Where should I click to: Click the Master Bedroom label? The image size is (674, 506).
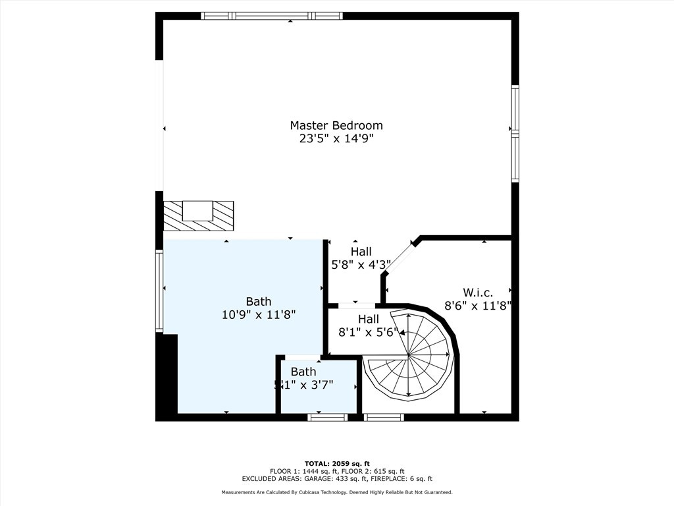pos(336,125)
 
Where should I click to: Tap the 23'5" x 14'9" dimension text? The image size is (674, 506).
pos(336,138)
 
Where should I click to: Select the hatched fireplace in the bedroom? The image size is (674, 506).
pos(198,215)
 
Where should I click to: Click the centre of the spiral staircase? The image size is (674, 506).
pos(409,356)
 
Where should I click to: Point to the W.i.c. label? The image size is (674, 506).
pos(478,292)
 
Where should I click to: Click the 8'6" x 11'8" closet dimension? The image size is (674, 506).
pos(478,305)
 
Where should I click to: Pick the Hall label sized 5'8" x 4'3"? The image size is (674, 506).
pos(361,252)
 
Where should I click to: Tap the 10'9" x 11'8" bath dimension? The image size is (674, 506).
pos(259,315)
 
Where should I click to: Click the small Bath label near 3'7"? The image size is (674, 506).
pos(303,372)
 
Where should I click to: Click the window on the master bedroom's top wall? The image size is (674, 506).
pos(271,16)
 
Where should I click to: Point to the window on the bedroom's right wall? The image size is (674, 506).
pos(515,134)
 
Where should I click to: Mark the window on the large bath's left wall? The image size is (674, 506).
pos(159,290)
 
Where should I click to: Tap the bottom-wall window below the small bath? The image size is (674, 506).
pos(327,417)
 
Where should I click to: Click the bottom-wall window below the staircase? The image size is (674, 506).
pos(384,417)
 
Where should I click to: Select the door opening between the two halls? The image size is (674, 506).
pos(357,306)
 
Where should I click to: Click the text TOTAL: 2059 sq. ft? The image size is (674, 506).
pos(336,463)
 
